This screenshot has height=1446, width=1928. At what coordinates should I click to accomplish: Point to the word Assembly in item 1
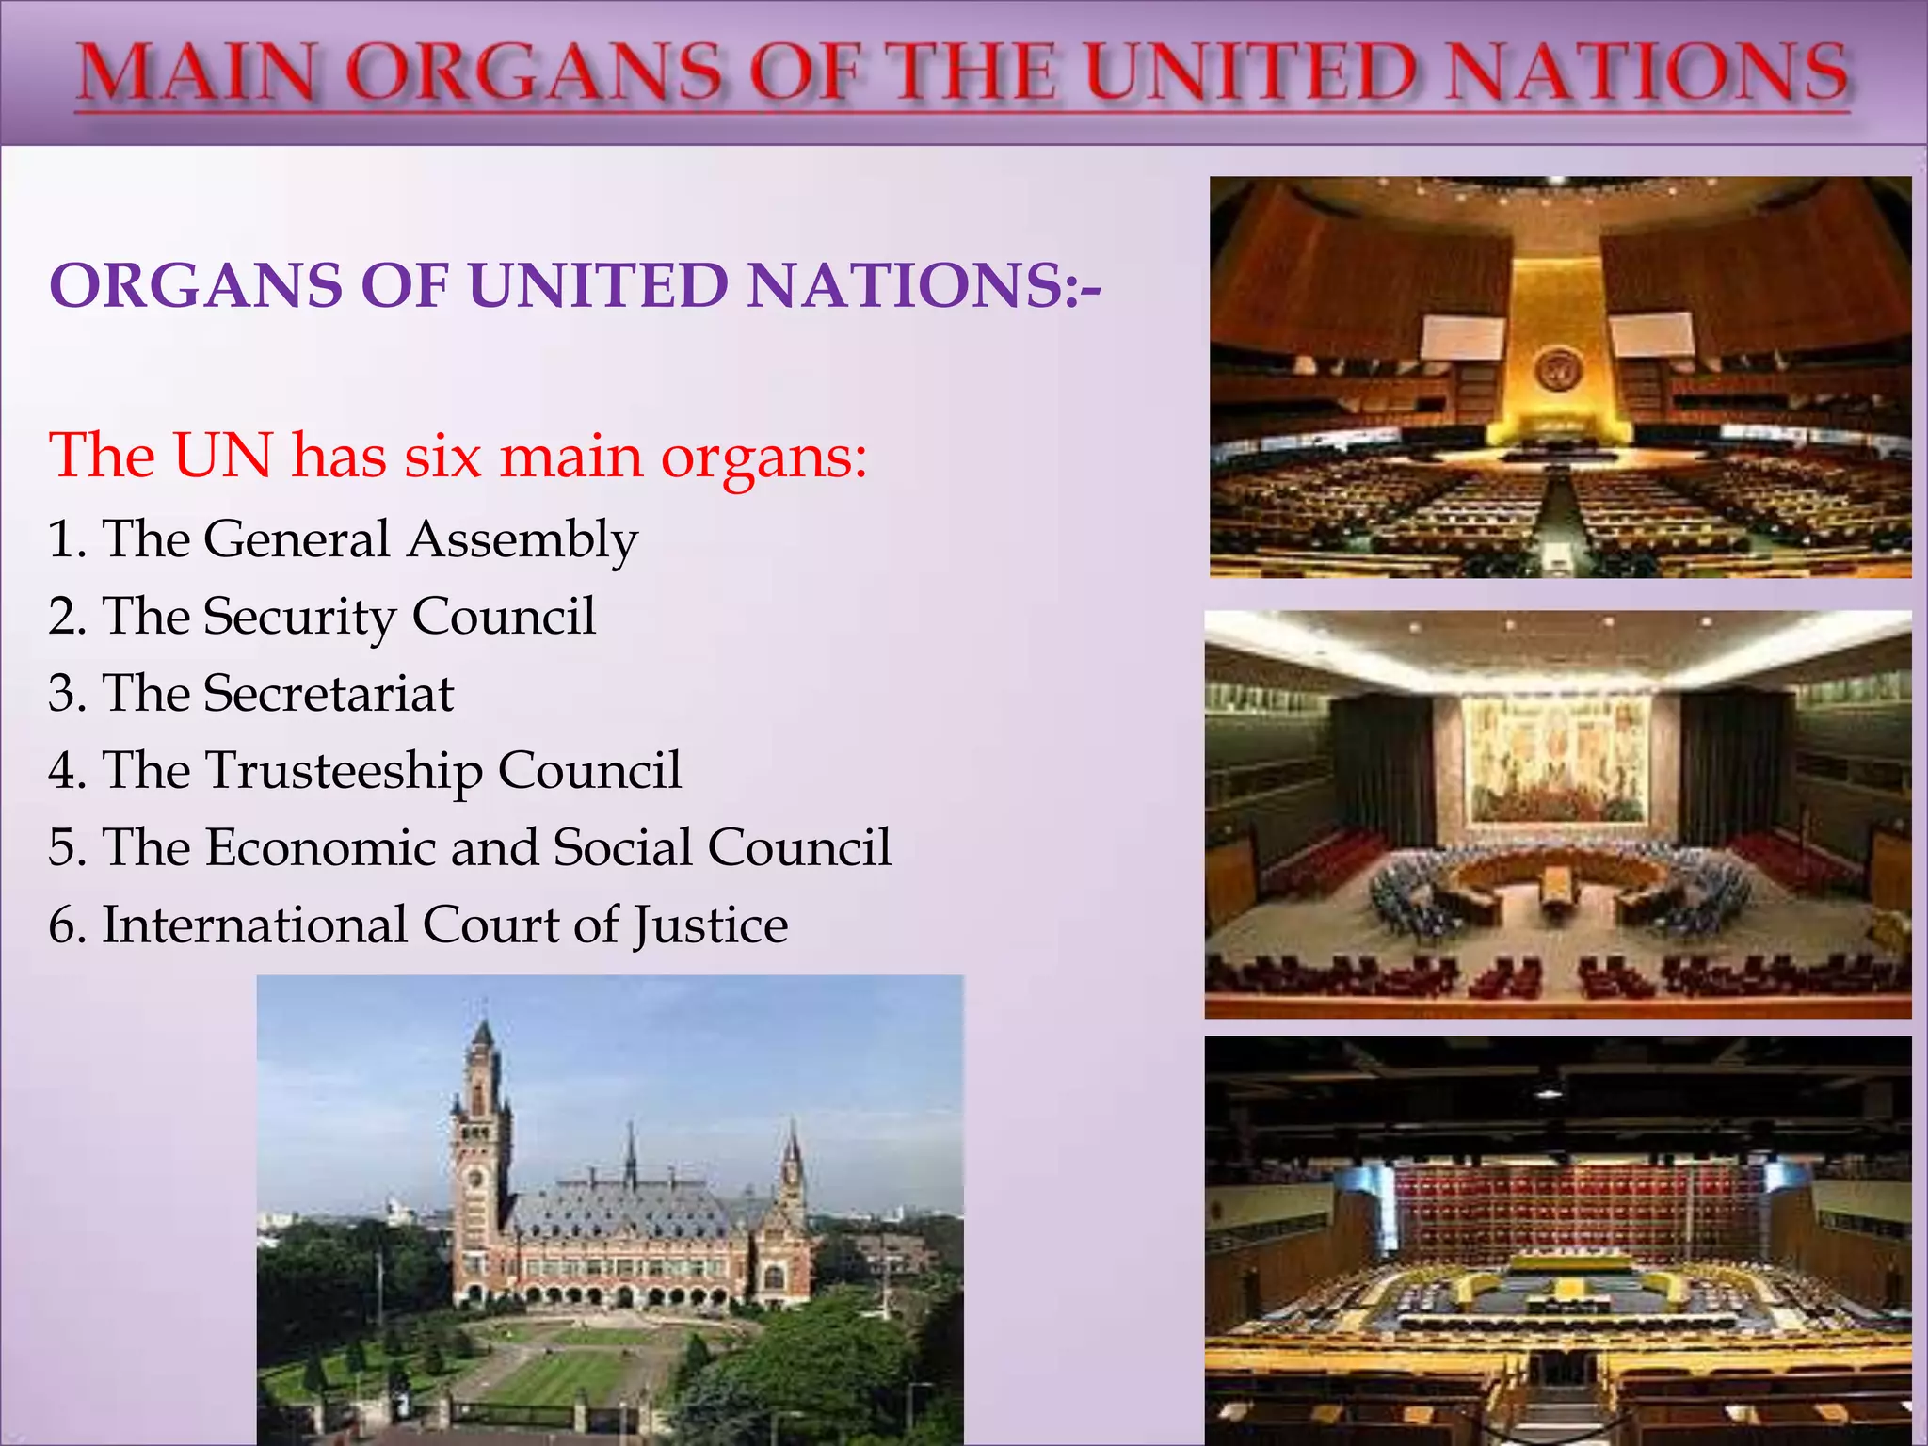coord(522,540)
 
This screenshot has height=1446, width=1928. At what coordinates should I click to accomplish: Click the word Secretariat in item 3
coord(329,694)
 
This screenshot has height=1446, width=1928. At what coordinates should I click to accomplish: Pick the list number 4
coord(64,771)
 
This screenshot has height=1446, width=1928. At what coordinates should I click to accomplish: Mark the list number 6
coord(64,925)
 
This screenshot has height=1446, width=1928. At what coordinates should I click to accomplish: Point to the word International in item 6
coord(254,925)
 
